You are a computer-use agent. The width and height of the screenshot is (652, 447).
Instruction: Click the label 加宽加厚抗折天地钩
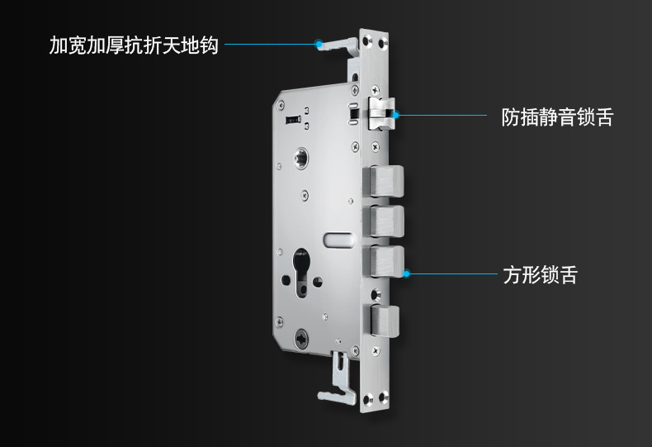134,45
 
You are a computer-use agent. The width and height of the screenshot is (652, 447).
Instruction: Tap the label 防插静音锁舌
557,117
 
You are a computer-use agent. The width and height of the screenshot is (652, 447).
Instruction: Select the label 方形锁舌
540,274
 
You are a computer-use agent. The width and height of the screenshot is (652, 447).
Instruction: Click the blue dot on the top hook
319,44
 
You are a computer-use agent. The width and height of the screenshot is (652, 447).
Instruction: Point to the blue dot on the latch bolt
396,115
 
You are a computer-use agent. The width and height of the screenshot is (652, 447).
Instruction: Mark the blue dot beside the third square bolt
407,273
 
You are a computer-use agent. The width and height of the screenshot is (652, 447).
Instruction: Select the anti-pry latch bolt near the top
381,114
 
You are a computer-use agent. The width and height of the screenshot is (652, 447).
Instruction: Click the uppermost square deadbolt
384,181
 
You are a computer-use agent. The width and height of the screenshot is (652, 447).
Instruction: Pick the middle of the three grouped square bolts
384,221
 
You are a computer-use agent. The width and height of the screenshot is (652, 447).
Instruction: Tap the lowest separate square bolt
385,321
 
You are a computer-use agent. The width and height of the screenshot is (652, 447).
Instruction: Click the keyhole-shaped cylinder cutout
301,273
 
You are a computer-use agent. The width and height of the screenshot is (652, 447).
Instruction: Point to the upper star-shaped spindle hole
300,158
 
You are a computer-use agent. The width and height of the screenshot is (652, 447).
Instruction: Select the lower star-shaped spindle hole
301,339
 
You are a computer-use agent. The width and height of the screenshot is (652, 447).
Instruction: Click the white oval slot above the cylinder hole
339,240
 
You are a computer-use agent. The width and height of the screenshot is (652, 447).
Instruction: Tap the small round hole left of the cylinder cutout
286,280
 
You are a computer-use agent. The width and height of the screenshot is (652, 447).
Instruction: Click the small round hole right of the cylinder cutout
317,282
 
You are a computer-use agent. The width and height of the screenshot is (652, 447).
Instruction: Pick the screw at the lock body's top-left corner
281,104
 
